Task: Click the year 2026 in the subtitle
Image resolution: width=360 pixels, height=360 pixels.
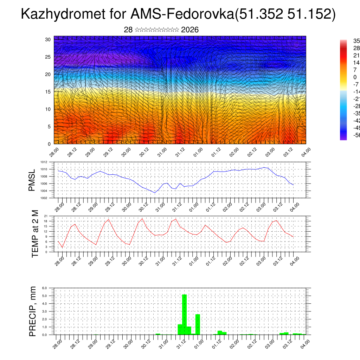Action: [x=190, y=30]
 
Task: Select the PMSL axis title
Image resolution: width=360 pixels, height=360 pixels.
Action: [x=32, y=180]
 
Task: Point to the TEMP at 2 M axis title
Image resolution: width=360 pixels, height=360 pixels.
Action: [x=35, y=234]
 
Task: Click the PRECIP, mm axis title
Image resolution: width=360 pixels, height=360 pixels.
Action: [x=33, y=311]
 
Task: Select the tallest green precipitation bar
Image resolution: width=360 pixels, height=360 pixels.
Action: [x=184, y=314]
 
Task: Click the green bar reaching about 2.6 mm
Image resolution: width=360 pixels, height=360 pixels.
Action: [x=198, y=324]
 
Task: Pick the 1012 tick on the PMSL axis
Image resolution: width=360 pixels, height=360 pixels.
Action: [x=44, y=162]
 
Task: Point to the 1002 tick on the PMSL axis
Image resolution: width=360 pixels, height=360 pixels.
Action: [x=44, y=198]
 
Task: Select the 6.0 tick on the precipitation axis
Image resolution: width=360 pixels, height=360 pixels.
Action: [x=45, y=288]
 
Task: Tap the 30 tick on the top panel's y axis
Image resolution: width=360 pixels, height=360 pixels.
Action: [x=48, y=39]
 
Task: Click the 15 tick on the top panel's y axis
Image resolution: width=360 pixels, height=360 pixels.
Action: [x=48, y=92]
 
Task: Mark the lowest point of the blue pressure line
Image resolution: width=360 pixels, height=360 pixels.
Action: [x=154, y=193]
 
